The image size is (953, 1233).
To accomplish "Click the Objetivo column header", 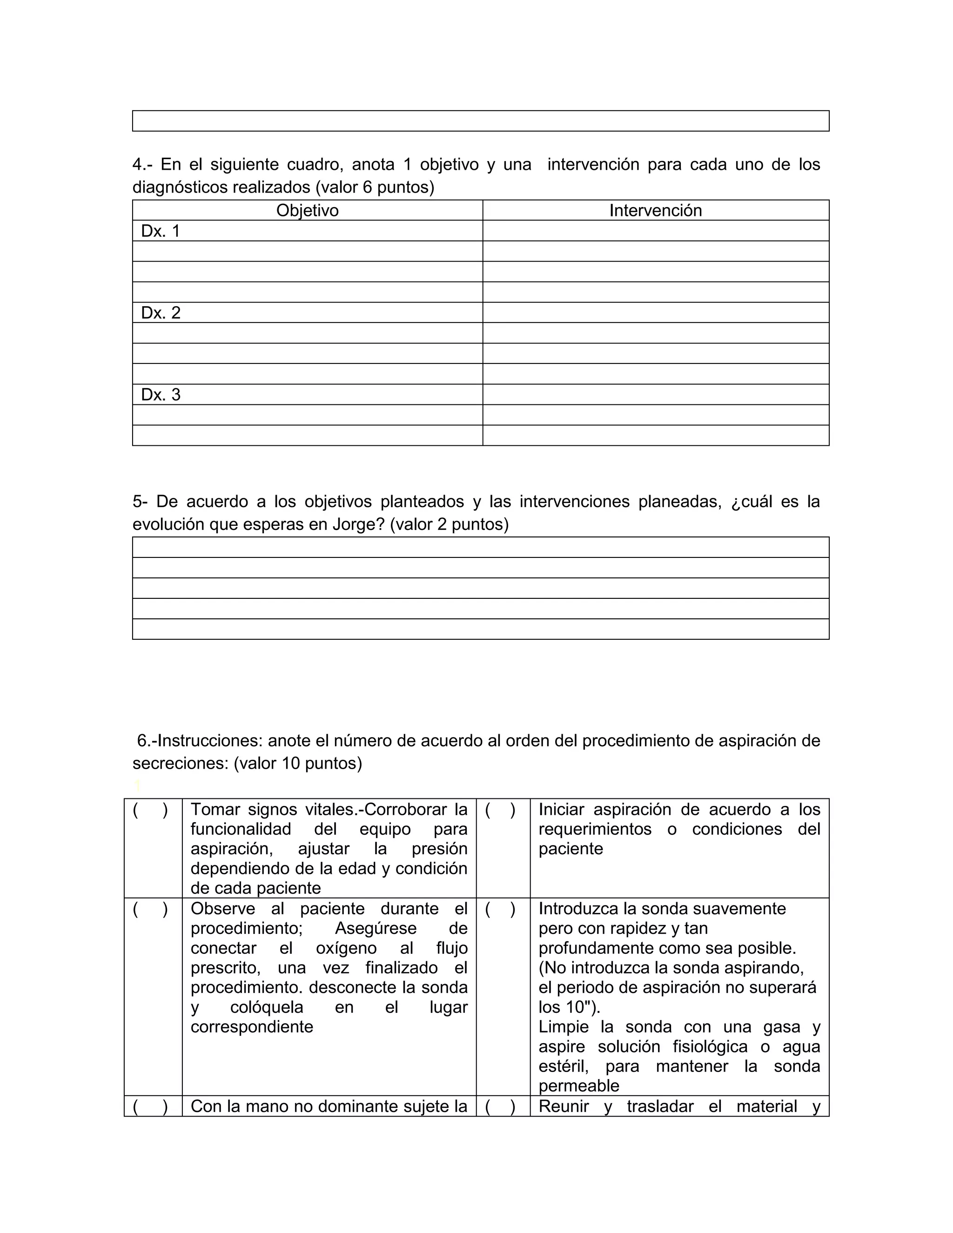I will [307, 211].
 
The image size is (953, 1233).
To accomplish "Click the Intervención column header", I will [656, 211].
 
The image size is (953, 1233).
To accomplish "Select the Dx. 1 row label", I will [161, 231].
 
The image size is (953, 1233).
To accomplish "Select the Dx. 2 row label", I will [161, 313].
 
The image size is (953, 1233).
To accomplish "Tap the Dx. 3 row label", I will [161, 395].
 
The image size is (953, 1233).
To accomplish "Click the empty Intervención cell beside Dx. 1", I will [656, 231].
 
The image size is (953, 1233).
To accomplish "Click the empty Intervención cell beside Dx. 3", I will [656, 395].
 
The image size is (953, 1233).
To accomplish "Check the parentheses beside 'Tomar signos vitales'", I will [150, 810].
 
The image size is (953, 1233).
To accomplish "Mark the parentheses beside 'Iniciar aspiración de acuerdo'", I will [500, 810].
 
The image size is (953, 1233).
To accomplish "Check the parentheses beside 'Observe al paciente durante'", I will [150, 910].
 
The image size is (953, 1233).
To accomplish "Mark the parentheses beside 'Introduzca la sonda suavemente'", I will [500, 910].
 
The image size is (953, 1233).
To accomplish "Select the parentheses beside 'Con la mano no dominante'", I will [150, 1106].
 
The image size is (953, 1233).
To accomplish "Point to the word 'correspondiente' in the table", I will [252, 1026].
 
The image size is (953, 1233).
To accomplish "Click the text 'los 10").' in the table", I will [569, 1007].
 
